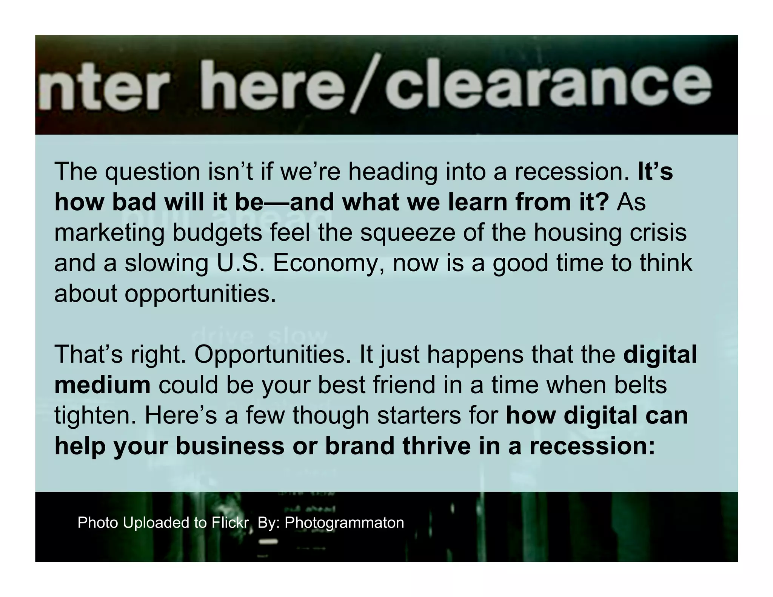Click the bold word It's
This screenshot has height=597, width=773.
pyautogui.click(x=655, y=172)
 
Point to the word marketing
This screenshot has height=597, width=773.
pyautogui.click(x=109, y=233)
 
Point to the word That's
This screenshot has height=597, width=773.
pyautogui.click(x=89, y=355)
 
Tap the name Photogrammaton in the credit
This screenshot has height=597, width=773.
pyautogui.click(x=344, y=523)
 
